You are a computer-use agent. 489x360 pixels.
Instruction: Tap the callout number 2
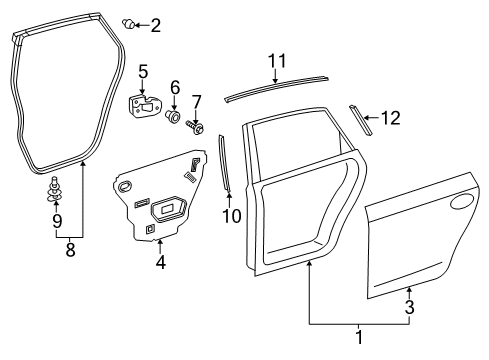point(155,25)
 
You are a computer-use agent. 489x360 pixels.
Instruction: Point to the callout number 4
point(160,263)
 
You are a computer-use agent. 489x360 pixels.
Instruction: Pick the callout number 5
point(143,71)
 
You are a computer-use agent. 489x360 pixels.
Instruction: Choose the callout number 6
point(174,87)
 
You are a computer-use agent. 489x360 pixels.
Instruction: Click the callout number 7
point(197,100)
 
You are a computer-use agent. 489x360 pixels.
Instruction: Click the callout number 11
point(277,60)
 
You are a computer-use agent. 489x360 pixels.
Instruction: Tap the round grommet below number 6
point(174,118)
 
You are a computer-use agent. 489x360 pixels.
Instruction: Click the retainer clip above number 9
point(55,187)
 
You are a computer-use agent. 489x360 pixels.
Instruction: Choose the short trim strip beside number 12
point(359,118)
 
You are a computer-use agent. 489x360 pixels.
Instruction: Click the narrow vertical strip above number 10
point(225,159)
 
